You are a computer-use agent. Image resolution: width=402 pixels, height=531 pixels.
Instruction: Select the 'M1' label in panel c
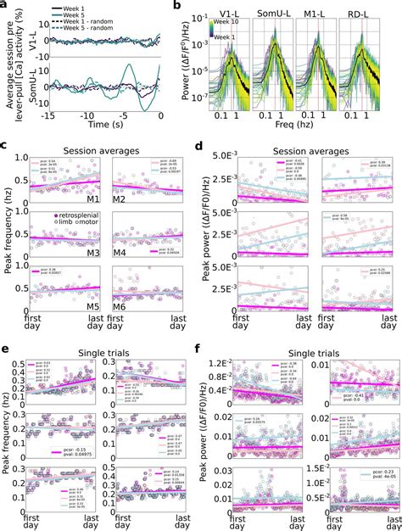94,198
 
